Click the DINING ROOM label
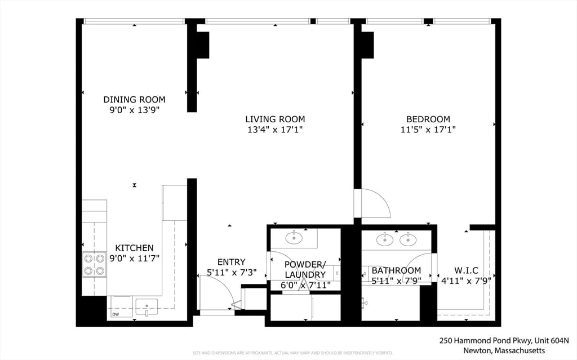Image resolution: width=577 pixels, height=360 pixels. (x=135, y=99)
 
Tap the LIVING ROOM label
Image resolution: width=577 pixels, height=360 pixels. (x=275, y=119)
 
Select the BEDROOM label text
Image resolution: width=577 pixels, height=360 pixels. (x=428, y=119)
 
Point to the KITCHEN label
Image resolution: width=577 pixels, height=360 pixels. (x=134, y=248)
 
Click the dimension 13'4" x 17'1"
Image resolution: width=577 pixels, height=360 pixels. (x=275, y=130)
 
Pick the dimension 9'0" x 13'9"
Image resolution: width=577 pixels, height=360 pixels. (x=135, y=110)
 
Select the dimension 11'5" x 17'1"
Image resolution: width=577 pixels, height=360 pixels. (x=428, y=130)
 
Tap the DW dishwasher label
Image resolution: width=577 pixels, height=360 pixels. (x=116, y=314)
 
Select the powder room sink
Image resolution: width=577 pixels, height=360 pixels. (x=294, y=238)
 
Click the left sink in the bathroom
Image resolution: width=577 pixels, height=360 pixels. (x=385, y=240)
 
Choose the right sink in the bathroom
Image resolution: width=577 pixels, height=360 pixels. (x=407, y=240)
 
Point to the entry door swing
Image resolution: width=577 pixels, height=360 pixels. (x=217, y=292)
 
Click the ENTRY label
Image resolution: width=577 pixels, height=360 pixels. (x=231, y=262)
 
